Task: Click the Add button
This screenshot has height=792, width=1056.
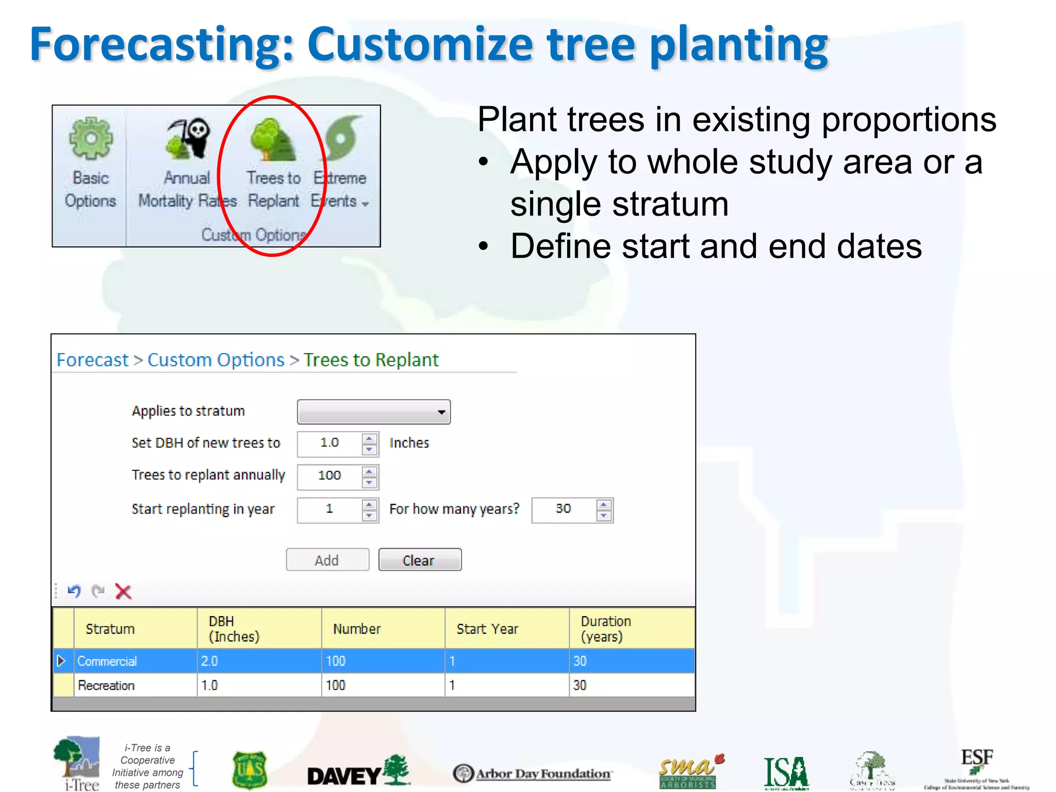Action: [327, 560]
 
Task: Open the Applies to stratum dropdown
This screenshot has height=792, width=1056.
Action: [374, 412]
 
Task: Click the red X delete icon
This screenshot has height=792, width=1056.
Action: [123, 591]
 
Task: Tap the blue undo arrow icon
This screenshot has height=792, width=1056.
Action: [74, 591]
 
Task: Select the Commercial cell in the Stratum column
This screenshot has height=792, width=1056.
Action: [107, 661]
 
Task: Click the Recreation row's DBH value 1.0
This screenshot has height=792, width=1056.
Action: [209, 685]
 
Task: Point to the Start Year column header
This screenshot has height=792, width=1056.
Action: [487, 629]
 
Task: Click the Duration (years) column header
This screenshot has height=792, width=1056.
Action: [606, 629]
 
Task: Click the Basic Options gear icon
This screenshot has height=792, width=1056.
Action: [91, 138]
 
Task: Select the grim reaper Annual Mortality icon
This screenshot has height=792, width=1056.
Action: [188, 138]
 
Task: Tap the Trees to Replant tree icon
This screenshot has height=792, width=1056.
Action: [272, 140]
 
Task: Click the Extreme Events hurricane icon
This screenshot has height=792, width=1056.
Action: [342, 137]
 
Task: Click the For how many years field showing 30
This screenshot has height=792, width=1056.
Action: [564, 509]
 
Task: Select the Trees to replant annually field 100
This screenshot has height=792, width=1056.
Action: [330, 475]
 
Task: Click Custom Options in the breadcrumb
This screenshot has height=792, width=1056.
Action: [216, 360]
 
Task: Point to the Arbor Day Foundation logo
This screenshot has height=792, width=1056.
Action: [532, 773]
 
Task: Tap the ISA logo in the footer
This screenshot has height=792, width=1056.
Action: [786, 772]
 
